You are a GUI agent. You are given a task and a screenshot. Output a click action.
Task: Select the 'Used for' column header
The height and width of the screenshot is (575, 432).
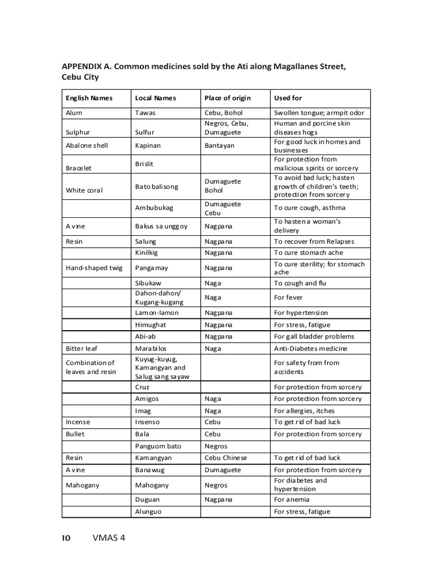coord(288,98)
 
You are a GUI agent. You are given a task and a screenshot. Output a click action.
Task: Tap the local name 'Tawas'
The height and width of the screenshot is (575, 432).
coord(145,113)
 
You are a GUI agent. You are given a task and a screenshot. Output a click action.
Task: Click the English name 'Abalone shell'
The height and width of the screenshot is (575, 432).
coord(87,145)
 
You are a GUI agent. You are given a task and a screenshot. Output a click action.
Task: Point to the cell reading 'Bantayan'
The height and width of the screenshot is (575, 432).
coord(219,145)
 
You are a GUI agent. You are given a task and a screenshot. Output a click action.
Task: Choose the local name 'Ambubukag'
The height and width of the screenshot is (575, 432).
coord(154,208)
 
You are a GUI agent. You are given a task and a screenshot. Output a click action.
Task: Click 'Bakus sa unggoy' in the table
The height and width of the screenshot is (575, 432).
coord(161,226)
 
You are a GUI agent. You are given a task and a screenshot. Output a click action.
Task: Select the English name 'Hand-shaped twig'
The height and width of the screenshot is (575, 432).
coord(94,268)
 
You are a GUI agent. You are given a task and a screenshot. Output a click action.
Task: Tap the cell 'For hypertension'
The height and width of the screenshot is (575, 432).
coord(301,313)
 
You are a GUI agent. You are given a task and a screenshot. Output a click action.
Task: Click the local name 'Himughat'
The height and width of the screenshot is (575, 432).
coord(151,325)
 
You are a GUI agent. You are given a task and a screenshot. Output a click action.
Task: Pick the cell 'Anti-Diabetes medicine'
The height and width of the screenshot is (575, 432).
coord(310,349)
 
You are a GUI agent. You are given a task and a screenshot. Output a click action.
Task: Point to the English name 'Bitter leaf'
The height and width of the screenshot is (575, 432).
coord(82,349)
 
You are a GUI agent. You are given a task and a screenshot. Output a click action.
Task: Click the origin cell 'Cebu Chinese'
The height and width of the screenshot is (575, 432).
coord(226,458)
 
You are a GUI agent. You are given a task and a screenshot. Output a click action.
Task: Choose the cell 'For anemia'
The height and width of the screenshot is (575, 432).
coord(291,499)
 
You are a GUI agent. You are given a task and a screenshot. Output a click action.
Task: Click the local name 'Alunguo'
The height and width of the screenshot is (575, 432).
coord(148,512)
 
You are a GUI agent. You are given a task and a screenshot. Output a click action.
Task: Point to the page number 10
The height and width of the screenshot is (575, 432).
coord(66,538)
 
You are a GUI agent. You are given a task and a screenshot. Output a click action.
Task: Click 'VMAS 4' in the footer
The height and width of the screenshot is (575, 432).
coord(109,538)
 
